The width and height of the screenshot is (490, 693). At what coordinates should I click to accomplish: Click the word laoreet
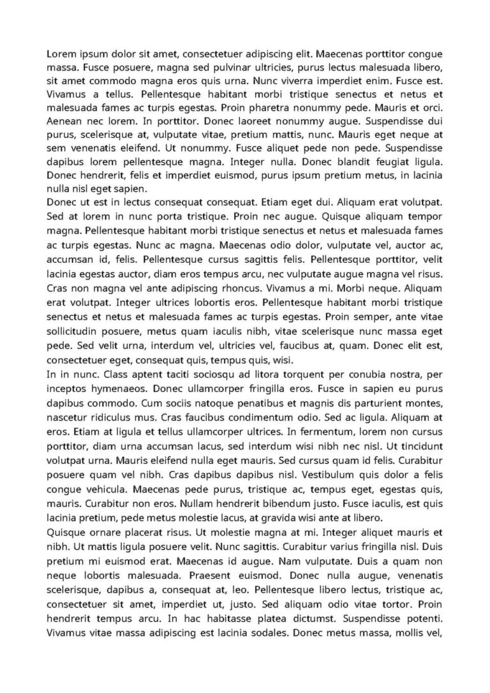tap(242, 122)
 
